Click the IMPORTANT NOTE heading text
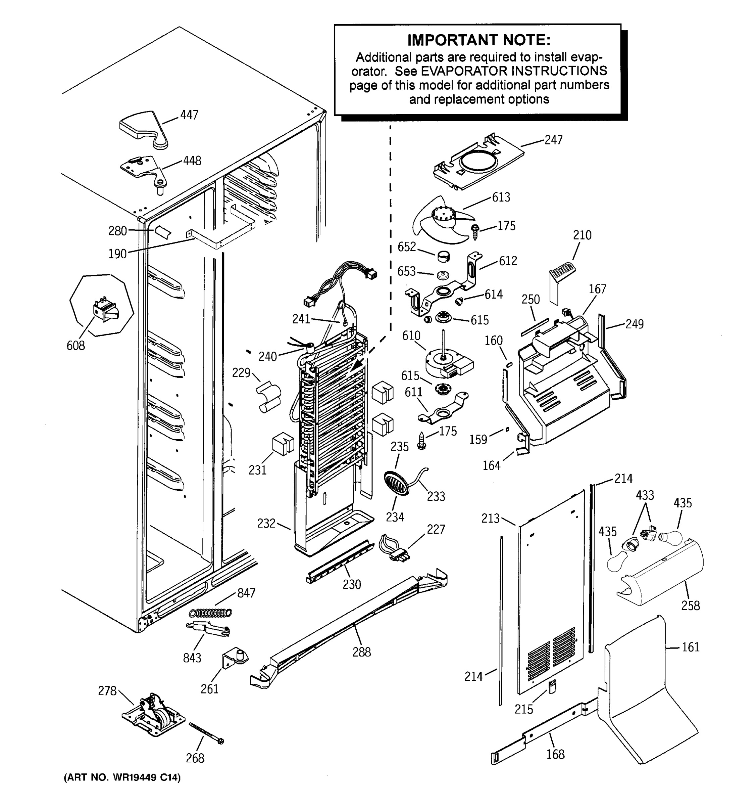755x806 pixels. click(479, 40)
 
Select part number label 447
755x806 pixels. click(189, 115)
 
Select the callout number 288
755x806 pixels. click(361, 652)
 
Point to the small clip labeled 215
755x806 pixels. click(552, 687)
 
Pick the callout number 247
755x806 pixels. click(553, 140)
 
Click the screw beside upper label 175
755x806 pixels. click(475, 232)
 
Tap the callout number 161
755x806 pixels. click(691, 647)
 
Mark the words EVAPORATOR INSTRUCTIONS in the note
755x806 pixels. click(514, 71)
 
